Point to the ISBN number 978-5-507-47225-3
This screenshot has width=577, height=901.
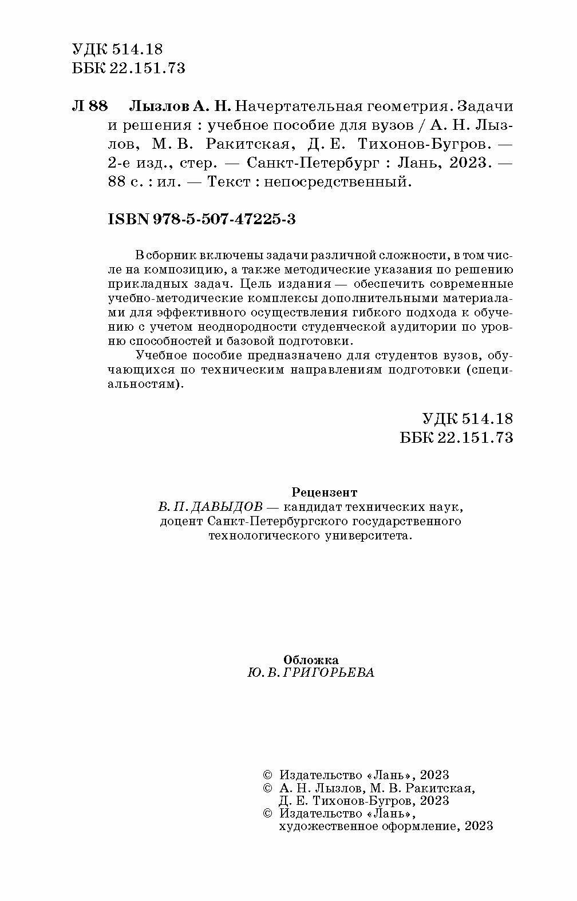pyautogui.click(x=224, y=219)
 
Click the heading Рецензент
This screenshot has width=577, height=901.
pyautogui.click(x=325, y=492)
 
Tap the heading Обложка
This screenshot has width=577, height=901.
pyautogui.click(x=311, y=659)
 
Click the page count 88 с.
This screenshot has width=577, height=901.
pyautogui.click(x=127, y=182)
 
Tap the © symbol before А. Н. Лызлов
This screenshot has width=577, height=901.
pyautogui.click(x=267, y=788)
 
